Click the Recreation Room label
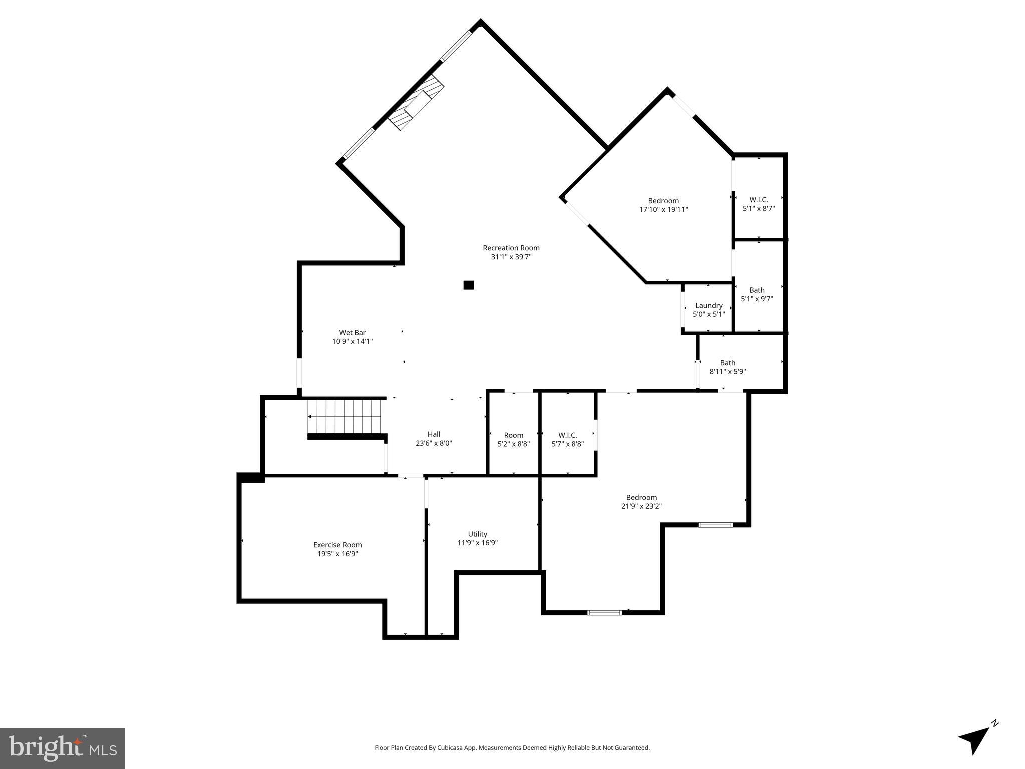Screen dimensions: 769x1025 click(511, 248)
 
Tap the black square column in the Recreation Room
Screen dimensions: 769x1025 click(468, 285)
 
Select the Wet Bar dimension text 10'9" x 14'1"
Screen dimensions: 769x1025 click(353, 342)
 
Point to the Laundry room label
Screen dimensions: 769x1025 click(709, 306)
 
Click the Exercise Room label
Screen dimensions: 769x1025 click(337, 545)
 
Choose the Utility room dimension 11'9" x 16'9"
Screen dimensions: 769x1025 click(477, 543)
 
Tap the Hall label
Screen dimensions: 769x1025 click(434, 434)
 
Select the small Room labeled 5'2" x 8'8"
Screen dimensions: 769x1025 click(513, 439)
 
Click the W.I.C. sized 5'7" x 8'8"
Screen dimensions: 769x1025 click(567, 439)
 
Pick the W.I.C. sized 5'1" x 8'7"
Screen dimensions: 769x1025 click(758, 204)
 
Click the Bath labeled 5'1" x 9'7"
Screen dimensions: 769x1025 click(757, 294)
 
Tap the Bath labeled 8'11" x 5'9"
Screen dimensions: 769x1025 click(728, 367)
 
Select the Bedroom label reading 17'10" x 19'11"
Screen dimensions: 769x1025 click(663, 205)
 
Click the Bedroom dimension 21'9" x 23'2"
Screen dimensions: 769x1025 click(641, 506)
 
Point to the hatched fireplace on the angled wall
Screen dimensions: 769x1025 click(416, 103)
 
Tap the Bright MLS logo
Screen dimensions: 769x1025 click(63, 748)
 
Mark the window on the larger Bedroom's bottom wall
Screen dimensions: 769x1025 click(604, 612)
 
